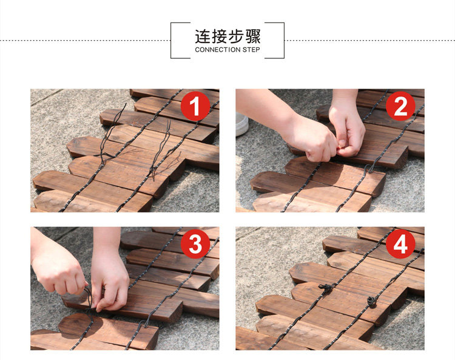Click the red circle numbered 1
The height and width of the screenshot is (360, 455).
[195, 106]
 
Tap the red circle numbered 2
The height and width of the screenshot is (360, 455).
[400, 106]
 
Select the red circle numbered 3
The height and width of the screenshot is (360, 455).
[195, 244]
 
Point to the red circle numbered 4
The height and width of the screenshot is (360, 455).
[400, 244]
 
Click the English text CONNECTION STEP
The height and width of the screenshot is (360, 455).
[227, 50]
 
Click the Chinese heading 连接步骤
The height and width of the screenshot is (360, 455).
[227, 36]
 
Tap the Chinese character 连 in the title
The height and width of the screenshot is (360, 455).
[202, 36]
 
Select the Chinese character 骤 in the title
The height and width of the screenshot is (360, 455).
[253, 36]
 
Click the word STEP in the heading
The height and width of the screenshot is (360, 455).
[251, 50]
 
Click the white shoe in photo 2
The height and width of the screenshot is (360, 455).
[241, 124]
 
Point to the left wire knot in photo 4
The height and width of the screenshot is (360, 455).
[326, 288]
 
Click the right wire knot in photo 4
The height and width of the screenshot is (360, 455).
[371, 301]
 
